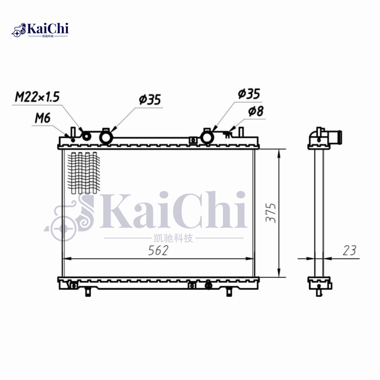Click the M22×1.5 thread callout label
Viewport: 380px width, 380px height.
pyautogui.click(x=37, y=97)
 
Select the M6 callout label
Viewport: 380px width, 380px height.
pyautogui.click(x=42, y=118)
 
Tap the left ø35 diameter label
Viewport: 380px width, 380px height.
pyautogui.click(x=150, y=100)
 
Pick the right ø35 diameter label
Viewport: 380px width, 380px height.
pyautogui.click(x=249, y=94)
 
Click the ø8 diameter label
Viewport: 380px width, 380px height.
pyautogui.click(x=256, y=112)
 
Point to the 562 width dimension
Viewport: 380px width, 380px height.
pyautogui.click(x=158, y=251)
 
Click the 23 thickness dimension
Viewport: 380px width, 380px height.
pyautogui.click(x=349, y=251)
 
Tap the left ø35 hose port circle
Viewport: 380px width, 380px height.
pyautogui.click(x=105, y=137)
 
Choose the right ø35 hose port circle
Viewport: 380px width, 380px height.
pyautogui.click(x=208, y=137)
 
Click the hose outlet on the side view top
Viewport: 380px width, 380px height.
pyautogui.click(x=338, y=136)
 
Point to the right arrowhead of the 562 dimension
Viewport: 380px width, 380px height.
pyautogui.click(x=250, y=259)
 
